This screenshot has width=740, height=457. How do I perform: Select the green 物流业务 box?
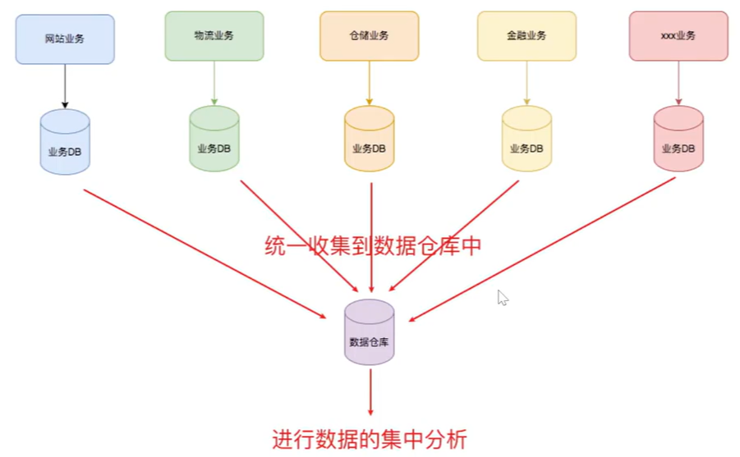pos(214,36)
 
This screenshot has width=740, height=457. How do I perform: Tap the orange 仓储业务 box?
pos(369,36)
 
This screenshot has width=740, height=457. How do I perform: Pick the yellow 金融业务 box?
pos(526,36)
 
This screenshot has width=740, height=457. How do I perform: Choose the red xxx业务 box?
pos(678,36)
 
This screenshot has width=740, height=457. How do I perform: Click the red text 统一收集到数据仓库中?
pos(373,246)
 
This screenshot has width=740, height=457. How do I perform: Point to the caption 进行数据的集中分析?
pos(370,439)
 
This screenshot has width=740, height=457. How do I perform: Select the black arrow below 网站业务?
pos(65,86)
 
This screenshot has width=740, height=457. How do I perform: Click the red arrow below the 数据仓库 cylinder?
pos(370,391)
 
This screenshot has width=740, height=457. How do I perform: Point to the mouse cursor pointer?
pos(502,297)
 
